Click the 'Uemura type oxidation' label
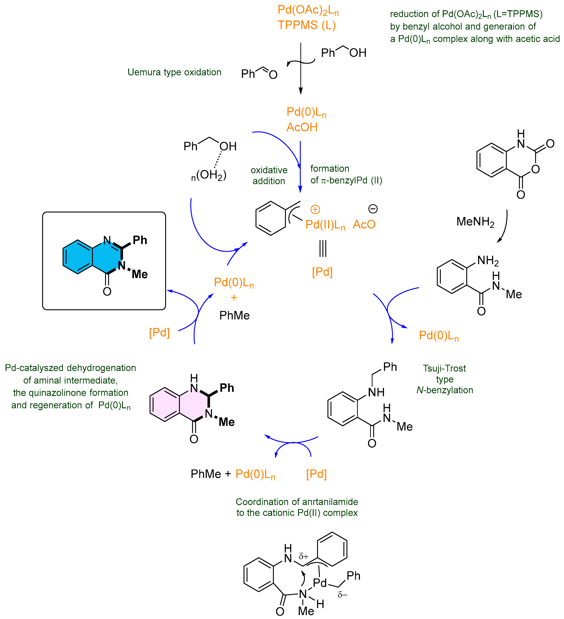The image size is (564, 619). pyautogui.click(x=174, y=72)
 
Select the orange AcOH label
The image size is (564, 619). pyautogui.click(x=302, y=127)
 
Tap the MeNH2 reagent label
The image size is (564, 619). pyautogui.click(x=475, y=221)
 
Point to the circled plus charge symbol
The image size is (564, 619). pyautogui.click(x=315, y=209)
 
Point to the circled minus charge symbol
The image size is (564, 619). pyautogui.click(x=372, y=209)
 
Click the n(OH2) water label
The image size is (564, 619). pyautogui.click(x=209, y=175)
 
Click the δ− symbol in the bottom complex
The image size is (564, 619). pyautogui.click(x=342, y=595)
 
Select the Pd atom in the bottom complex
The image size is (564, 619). pyautogui.click(x=320, y=582)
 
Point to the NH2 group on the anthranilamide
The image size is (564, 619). pyautogui.click(x=488, y=260)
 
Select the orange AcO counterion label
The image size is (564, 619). pyautogui.click(x=364, y=225)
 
